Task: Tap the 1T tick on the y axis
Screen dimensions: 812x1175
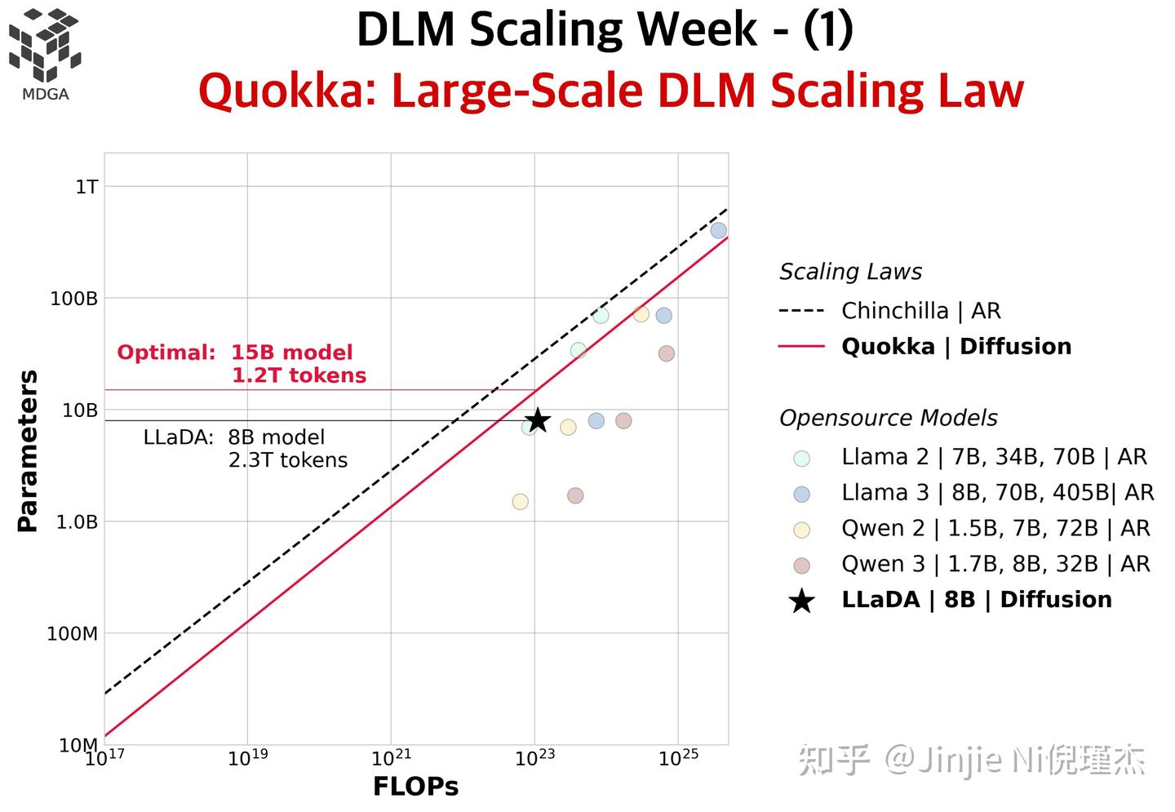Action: (86, 187)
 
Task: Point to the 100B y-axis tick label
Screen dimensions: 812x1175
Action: (74, 299)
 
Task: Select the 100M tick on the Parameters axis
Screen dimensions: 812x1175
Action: (73, 633)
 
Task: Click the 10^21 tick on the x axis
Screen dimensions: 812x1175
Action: (390, 758)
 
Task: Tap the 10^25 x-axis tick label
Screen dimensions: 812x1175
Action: (677, 758)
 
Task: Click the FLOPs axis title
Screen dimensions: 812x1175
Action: (415, 787)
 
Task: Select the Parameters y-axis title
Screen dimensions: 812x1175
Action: (28, 450)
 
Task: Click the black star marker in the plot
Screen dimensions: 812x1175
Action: (537, 420)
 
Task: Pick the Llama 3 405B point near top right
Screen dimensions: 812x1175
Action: (718, 230)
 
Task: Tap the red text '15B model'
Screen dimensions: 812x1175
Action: (291, 353)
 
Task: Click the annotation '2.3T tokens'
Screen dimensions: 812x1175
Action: (287, 460)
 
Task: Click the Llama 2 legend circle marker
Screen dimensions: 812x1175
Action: (801, 458)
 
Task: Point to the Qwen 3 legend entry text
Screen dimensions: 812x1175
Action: (995, 564)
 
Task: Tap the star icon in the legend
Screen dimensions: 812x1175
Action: (801, 601)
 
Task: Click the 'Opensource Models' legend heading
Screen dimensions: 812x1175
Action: (888, 418)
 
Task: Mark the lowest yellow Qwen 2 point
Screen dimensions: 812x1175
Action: (520, 501)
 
